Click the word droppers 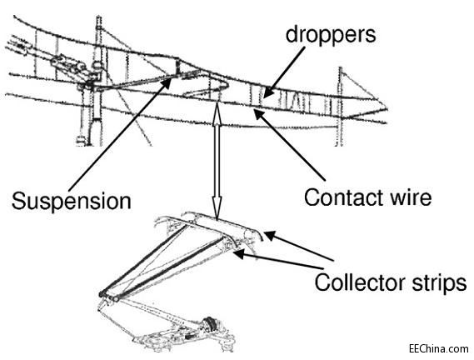331,36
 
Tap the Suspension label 72,201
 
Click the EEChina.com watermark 439,349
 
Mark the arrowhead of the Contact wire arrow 258,113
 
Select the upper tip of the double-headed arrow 217,103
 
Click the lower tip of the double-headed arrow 217,218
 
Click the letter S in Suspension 18,201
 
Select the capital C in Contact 312,197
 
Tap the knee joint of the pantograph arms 109,296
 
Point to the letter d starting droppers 292,34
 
